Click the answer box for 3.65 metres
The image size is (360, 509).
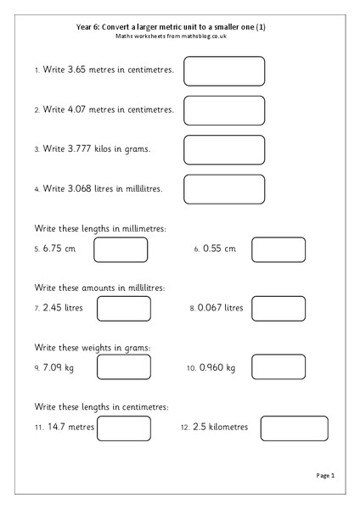point(224,71)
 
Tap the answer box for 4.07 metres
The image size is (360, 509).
point(224,110)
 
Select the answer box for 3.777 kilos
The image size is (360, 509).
point(224,149)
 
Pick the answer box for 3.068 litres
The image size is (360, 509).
point(224,189)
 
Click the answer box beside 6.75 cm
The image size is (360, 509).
point(120,249)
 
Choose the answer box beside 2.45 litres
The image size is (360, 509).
point(123,308)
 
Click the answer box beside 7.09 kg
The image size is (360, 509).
point(123,367)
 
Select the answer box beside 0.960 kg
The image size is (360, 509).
point(277,367)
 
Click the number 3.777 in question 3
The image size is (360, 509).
point(84,149)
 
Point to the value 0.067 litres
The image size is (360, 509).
point(220,308)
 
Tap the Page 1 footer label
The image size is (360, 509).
point(327,477)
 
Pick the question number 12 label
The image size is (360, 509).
point(185,428)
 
